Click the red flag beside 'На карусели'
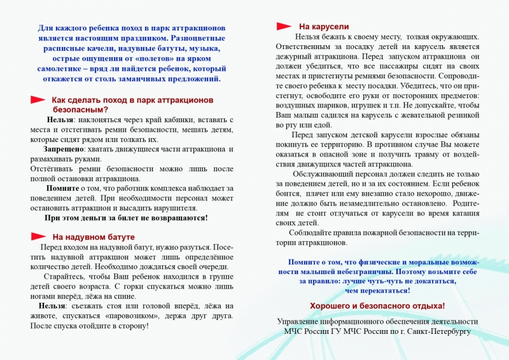tap(284, 27)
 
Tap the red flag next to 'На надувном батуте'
tap(38, 237)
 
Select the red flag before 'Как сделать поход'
tap(38, 100)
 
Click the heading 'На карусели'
tap(324, 27)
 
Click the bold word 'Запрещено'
tap(55, 149)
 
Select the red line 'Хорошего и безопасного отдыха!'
tap(377, 306)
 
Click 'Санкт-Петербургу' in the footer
tap(435, 331)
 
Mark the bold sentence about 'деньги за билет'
tap(126, 218)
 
